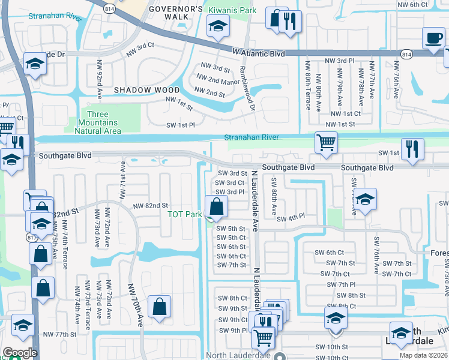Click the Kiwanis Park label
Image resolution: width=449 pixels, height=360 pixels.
click(232, 11)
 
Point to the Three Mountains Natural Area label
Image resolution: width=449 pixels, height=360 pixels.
click(103, 122)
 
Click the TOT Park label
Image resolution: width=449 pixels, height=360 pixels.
click(184, 214)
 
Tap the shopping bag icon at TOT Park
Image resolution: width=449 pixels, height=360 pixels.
click(216, 207)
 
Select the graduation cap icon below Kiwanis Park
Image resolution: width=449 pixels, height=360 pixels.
click(217, 26)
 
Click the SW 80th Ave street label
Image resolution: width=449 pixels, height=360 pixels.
click(273, 197)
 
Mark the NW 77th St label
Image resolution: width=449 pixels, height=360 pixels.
click(59, 334)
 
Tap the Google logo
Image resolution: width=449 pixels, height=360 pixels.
click(20, 353)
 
